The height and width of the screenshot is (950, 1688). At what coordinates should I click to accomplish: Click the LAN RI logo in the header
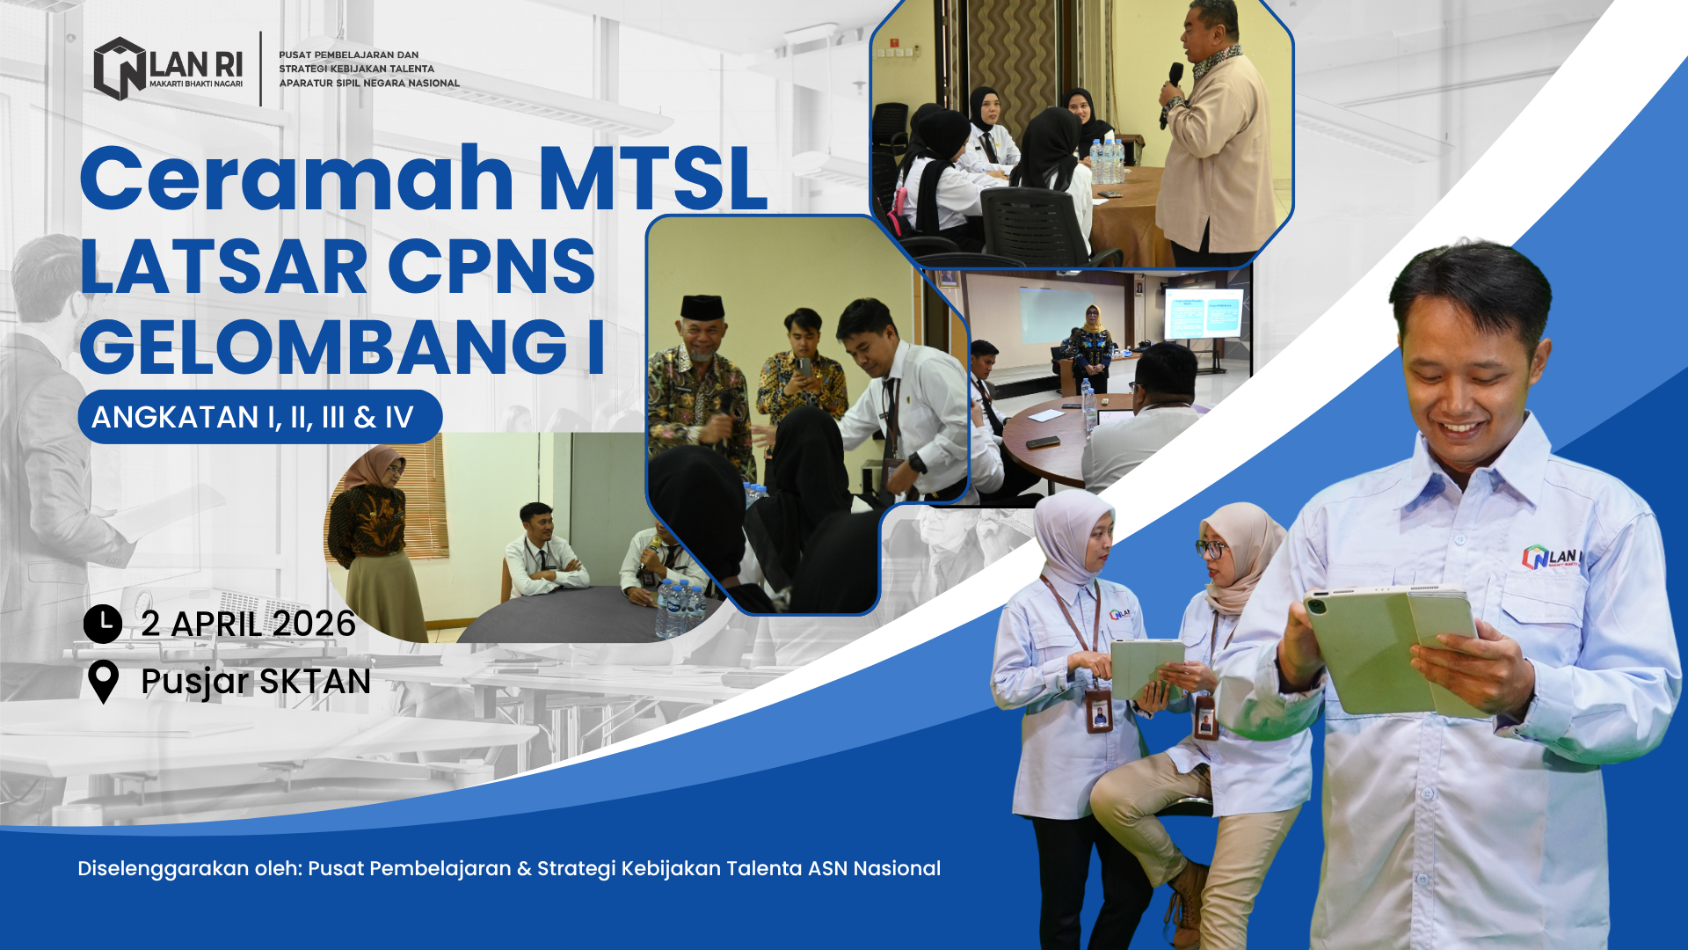click(168, 69)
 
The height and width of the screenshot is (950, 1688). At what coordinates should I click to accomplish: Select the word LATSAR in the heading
click(223, 266)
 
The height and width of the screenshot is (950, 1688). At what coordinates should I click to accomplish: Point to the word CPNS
click(491, 266)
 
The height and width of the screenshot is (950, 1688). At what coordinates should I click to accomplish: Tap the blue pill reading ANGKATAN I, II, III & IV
click(259, 417)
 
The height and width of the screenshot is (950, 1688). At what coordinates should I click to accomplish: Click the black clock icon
click(103, 624)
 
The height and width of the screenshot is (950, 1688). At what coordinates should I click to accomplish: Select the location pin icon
click(104, 682)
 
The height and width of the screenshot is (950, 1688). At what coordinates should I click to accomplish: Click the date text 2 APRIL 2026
click(248, 624)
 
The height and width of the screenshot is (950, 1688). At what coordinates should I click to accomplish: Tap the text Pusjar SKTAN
click(256, 682)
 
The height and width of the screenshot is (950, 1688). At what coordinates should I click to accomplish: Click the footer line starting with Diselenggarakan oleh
click(509, 868)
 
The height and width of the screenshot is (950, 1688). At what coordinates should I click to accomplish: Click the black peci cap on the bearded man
click(702, 307)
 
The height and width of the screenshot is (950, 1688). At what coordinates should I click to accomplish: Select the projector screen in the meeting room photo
click(1204, 314)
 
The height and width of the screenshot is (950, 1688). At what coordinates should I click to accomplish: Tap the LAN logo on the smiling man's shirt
click(1552, 557)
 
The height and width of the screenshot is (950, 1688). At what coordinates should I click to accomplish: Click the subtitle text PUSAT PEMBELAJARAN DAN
click(349, 55)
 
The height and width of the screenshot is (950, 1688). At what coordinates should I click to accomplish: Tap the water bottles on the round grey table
click(679, 606)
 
